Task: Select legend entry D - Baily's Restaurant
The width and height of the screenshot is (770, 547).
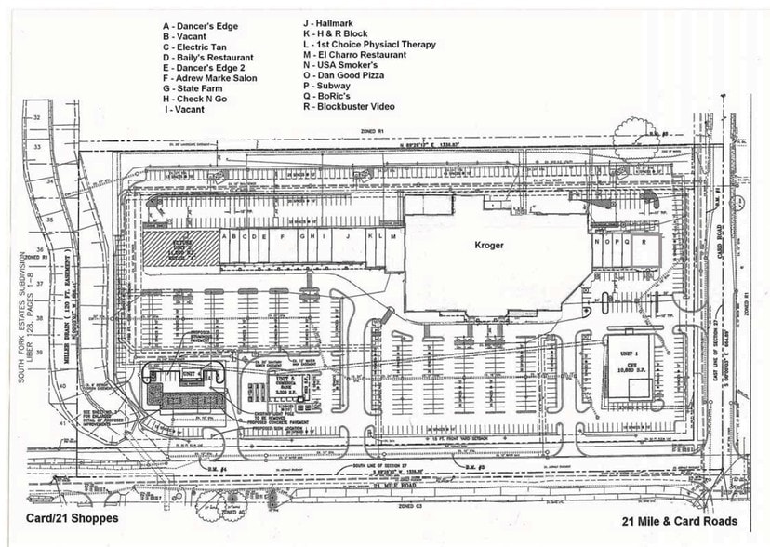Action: pos(207,58)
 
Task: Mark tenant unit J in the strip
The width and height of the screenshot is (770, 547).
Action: pos(347,237)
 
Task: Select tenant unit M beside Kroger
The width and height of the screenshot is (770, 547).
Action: pos(394,237)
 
